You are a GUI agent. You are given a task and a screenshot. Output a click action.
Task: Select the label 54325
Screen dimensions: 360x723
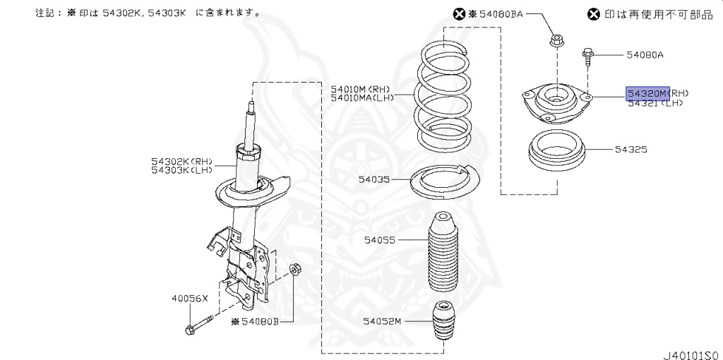click(631, 150)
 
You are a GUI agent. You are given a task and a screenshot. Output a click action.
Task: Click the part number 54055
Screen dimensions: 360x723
click(381, 241)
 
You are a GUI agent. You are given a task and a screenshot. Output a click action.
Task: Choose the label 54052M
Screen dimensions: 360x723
click(382, 321)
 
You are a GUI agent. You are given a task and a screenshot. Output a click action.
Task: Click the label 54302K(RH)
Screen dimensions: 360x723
click(180, 161)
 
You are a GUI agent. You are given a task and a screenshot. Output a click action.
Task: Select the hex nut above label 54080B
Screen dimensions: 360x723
click(297, 269)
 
